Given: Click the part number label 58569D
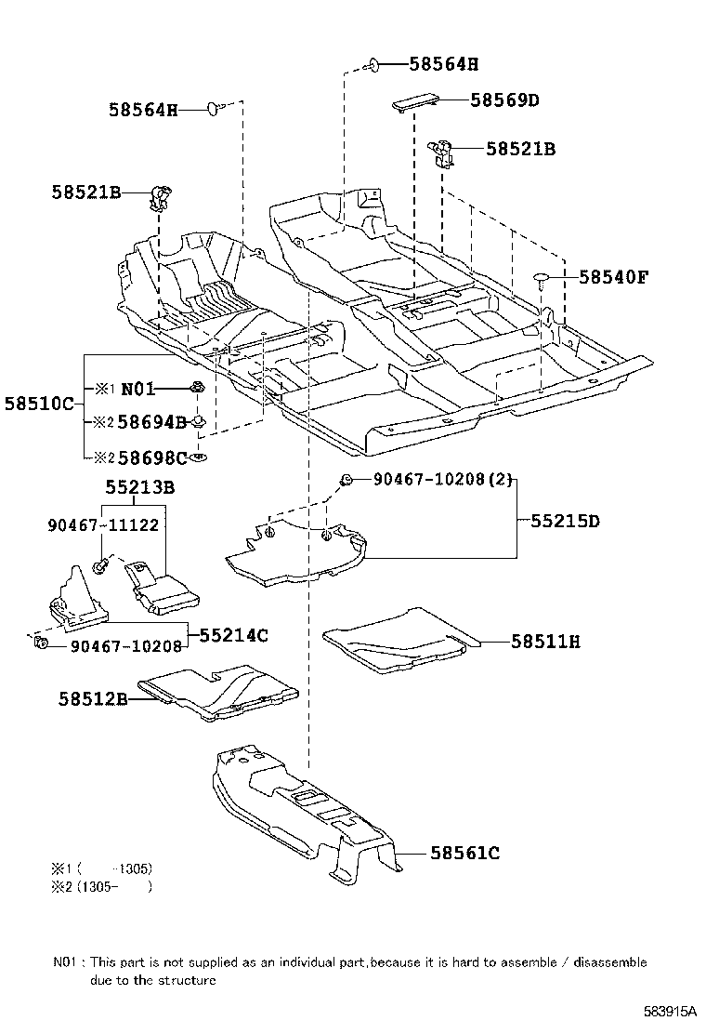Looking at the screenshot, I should pos(504,100).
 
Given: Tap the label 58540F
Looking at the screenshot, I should pos(613,277).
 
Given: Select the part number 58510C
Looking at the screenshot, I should pos(38,405).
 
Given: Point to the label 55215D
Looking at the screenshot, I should pos(565,521).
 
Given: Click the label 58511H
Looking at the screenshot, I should pos(545,642).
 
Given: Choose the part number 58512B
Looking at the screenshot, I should pos(90,699).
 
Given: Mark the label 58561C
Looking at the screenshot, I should pos(464,853).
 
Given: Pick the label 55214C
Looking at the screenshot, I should pos(233,635).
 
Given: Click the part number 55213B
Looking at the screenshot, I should pos(140,486).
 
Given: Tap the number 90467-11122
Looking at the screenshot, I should pos(101,525).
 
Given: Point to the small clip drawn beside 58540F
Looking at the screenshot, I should pos(542,277).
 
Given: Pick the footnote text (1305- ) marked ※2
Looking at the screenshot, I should pos(116,886).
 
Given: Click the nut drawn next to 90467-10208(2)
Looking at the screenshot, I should pos(346,480).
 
